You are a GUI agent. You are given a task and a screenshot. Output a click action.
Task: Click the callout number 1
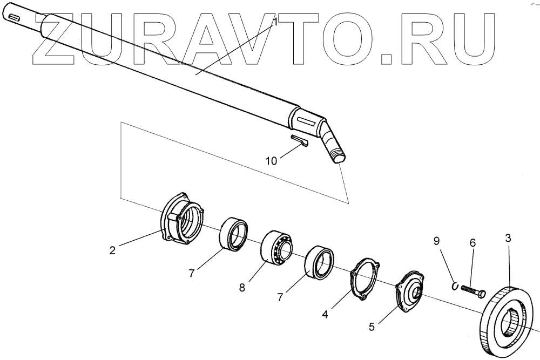[x=274, y=23]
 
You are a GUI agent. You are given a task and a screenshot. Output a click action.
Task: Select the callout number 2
[x=112, y=250]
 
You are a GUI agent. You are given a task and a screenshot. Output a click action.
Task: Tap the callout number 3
[x=508, y=237]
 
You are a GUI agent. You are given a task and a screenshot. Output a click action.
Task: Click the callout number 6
[x=473, y=243]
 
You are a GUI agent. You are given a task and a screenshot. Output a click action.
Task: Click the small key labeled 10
[x=299, y=141]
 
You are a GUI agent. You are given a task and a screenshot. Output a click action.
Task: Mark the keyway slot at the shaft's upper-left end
[x=14, y=22]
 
